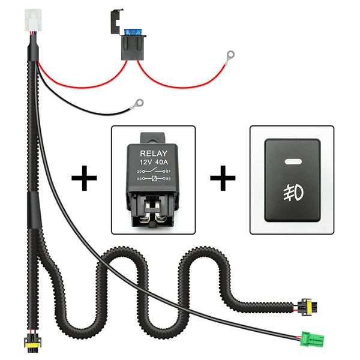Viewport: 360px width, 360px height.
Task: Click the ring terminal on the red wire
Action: point(229,55)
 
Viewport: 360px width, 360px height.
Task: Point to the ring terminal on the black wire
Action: point(139,104)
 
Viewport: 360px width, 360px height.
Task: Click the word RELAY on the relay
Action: point(154,154)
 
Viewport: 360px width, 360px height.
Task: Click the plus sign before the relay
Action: point(85,179)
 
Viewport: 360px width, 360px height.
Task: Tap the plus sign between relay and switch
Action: point(223,179)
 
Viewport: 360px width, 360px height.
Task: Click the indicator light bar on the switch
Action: point(292,161)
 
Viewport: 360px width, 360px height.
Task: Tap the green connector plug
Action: point(311,337)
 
